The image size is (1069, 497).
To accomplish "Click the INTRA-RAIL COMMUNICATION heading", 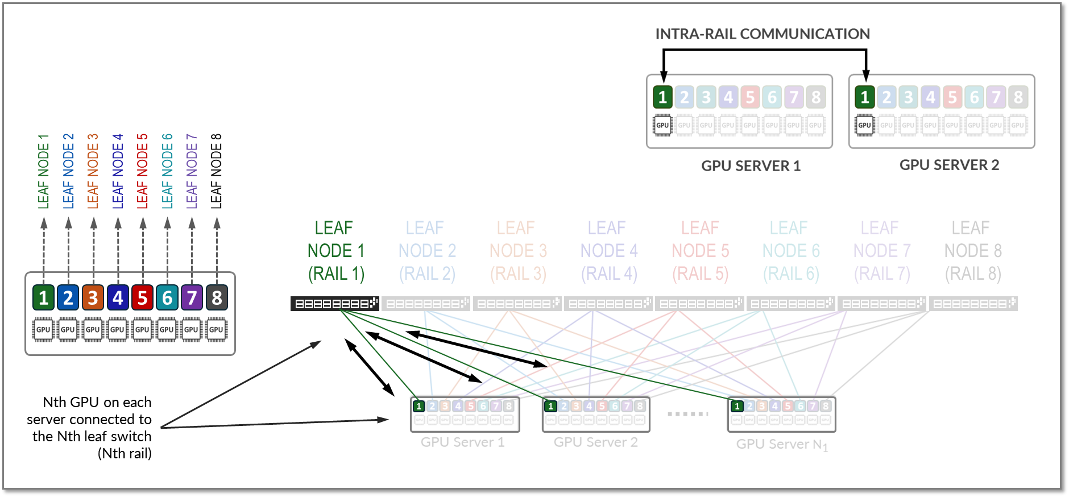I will point(763,34).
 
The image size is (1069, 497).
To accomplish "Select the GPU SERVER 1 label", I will point(751,166).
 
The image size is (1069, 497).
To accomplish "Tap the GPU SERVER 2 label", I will point(949,165).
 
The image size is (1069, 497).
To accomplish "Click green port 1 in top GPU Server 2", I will point(864,97).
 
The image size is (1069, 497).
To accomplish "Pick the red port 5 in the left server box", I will point(142,297).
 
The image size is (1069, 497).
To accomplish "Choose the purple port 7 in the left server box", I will point(192,297).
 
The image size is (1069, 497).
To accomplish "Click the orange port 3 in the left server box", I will point(93,297).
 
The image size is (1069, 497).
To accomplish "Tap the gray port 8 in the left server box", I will point(217,297).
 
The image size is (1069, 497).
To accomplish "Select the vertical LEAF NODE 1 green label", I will point(44,171).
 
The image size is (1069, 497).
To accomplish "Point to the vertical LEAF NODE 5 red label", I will point(142,171).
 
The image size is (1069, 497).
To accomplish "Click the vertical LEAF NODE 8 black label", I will point(217,171).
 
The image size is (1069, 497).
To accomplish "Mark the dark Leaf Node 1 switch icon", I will point(334,304).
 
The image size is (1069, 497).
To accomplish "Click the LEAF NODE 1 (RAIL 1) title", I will point(335,251).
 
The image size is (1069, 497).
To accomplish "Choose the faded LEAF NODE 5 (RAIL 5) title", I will point(700,251).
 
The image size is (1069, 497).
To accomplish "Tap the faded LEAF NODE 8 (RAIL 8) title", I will point(972,251).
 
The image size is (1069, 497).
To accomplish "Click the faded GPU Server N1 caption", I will point(782,444).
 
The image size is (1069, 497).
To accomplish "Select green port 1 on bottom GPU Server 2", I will point(550,406).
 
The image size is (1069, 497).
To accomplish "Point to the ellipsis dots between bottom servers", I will point(688,413).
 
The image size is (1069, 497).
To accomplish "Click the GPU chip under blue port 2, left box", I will point(68,329).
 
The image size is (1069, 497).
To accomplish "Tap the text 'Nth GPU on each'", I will point(97,403).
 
